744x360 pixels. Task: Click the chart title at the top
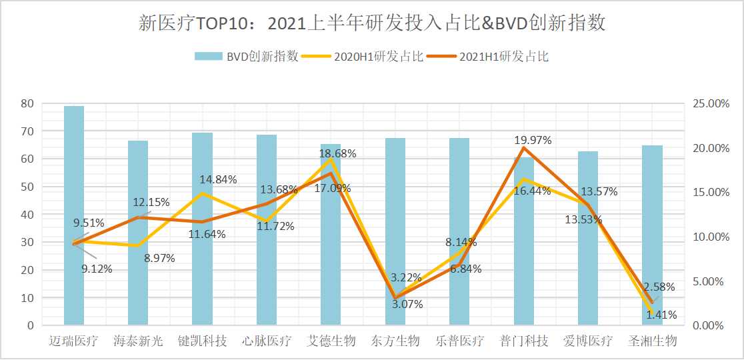point(372,23)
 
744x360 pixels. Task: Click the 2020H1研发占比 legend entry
point(363,56)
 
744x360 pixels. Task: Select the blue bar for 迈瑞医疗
point(74,220)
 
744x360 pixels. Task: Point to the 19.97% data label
point(533,140)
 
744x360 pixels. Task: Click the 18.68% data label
point(338,153)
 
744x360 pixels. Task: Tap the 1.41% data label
point(660,315)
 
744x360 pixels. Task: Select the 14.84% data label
point(218,179)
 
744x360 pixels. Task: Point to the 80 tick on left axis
point(27,103)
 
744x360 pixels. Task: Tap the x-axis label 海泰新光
point(138,341)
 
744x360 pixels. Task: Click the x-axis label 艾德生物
point(331,341)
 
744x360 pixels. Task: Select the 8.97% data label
point(159,258)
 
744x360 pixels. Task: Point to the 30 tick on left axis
point(27,242)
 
